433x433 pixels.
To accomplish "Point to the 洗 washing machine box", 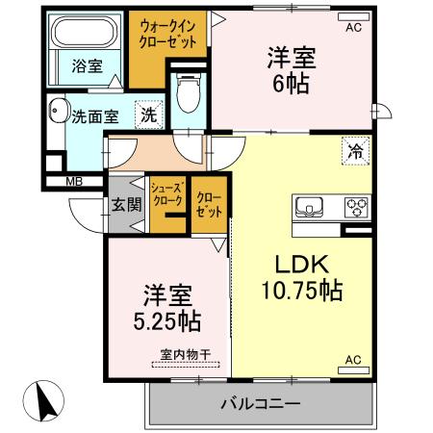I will point(148,115).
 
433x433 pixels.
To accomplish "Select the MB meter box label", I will point(72,180).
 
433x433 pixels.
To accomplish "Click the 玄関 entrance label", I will point(126,204).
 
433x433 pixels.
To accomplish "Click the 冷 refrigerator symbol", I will point(355,151).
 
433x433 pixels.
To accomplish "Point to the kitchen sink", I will point(311,205).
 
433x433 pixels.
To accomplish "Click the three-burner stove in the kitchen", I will point(356,205).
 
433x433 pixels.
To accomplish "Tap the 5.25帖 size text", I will point(166,318).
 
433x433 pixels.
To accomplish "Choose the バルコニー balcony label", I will point(260,403).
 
